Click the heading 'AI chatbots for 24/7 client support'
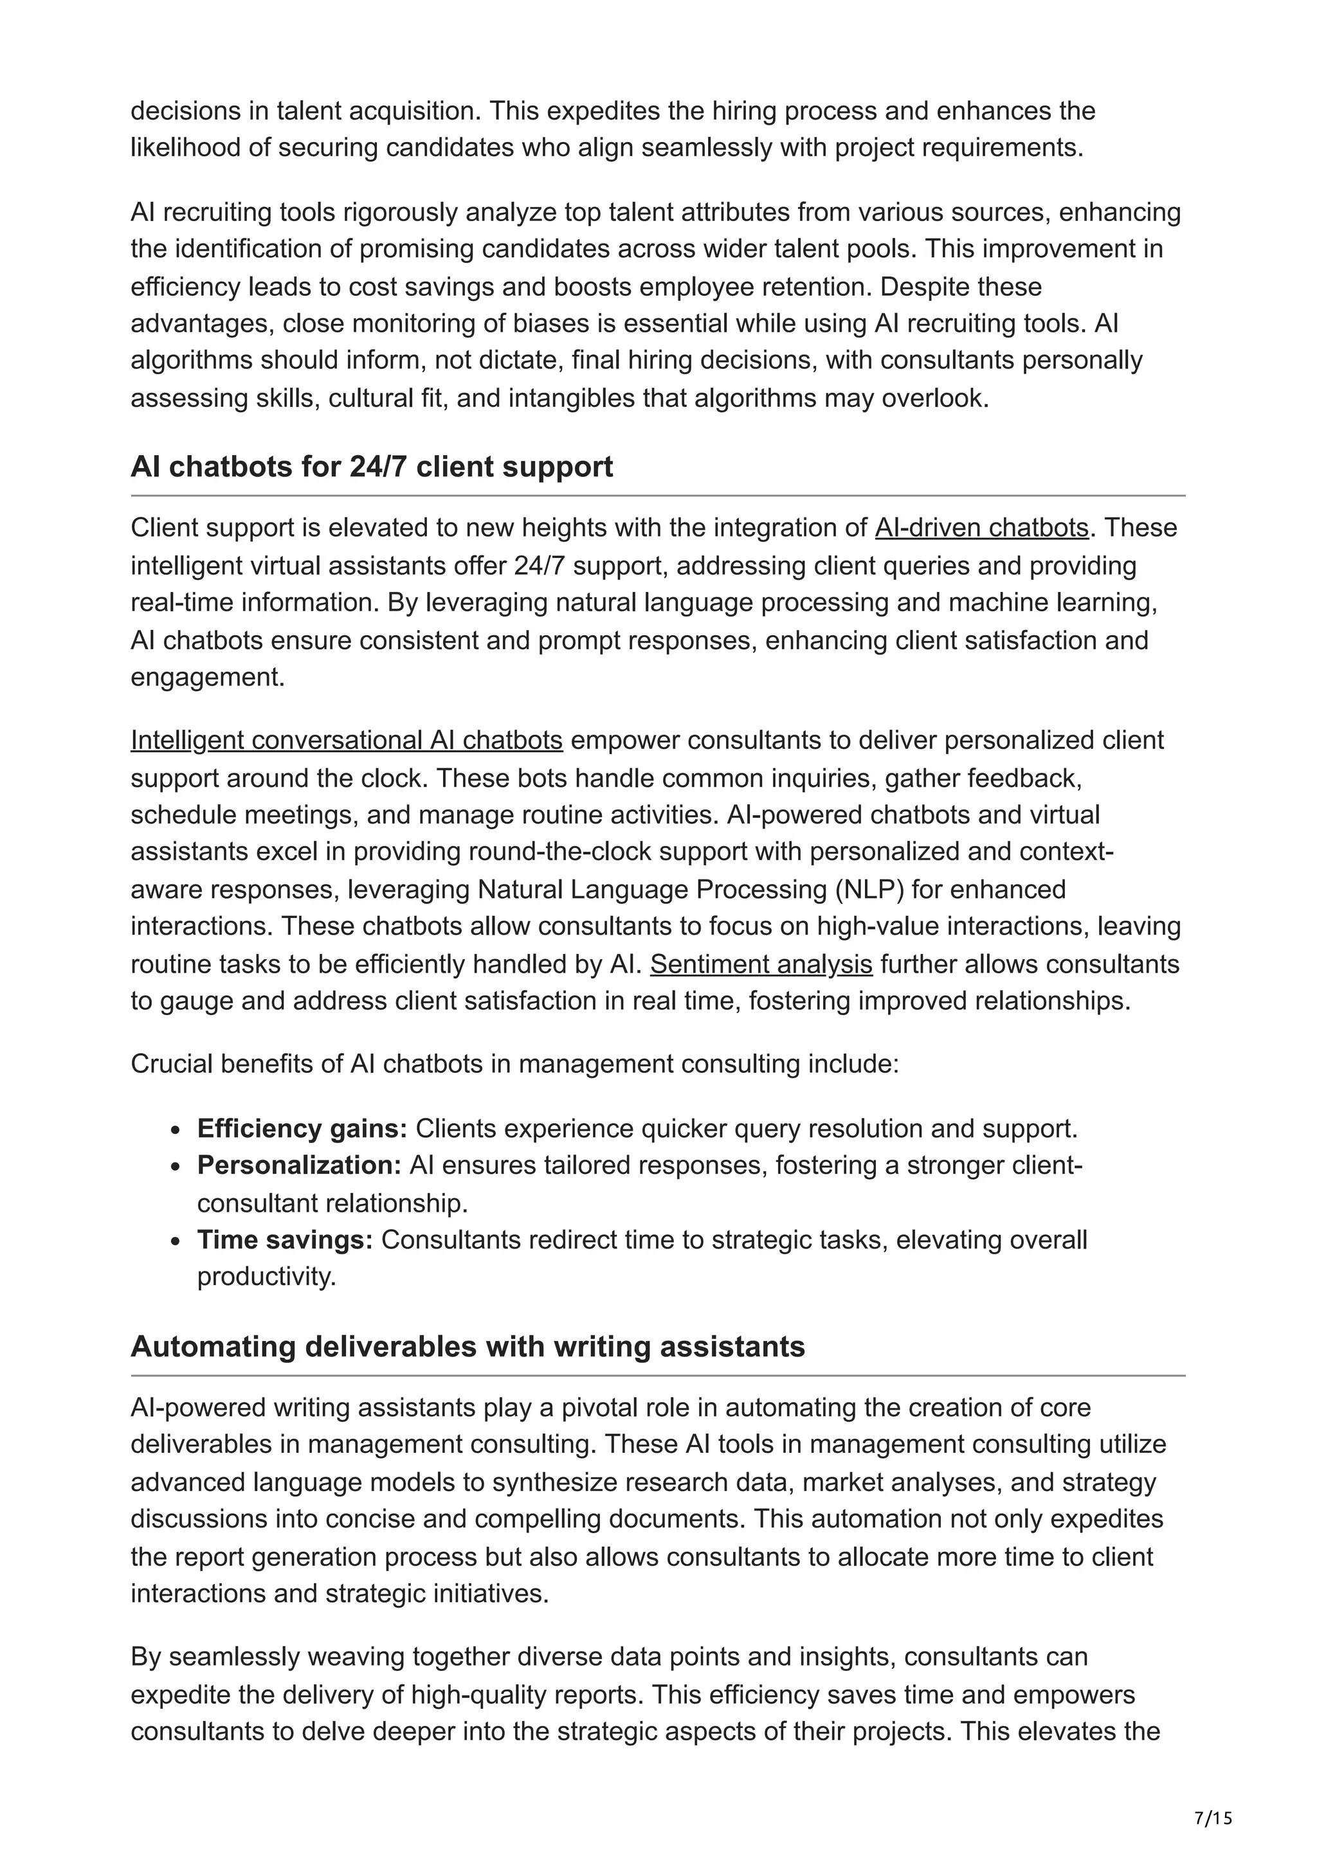point(372,467)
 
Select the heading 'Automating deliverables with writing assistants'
point(468,1346)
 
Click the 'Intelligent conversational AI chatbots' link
point(347,740)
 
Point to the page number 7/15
point(1212,1819)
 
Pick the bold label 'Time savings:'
point(285,1240)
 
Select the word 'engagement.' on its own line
point(208,677)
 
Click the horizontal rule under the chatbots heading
point(657,495)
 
